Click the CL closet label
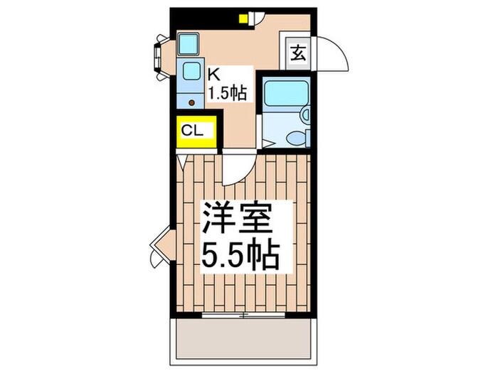pyautogui.click(x=193, y=131)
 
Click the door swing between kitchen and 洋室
pyautogui.click(x=237, y=169)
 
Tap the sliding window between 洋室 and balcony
pyautogui.click(x=242, y=313)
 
